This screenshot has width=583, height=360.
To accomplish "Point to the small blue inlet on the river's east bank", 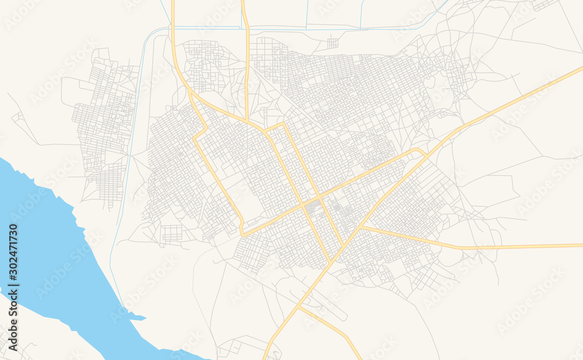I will [136, 317].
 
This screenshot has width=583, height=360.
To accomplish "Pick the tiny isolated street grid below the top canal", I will [333, 43].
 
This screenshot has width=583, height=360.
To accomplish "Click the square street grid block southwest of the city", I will [172, 233].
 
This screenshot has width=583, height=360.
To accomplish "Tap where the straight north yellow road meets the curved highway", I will [247, 121].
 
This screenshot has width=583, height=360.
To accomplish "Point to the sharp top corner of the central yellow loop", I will [283, 123].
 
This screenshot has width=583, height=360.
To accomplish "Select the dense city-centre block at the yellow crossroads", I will [312, 206].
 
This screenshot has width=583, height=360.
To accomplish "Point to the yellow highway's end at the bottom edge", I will [265, 357].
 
